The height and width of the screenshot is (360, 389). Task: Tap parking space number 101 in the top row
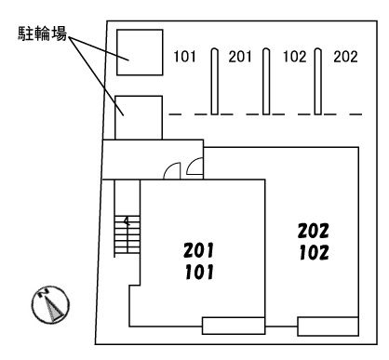[x=185, y=56]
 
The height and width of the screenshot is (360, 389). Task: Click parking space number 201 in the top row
[x=240, y=56]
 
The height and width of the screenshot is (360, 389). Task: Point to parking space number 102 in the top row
[x=294, y=56]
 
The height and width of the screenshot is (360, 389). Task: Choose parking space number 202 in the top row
[x=345, y=56]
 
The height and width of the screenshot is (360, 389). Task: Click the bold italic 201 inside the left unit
[x=199, y=249]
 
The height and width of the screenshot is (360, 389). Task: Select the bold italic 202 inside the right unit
[x=314, y=230]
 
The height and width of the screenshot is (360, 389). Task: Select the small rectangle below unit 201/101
[x=229, y=326]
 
